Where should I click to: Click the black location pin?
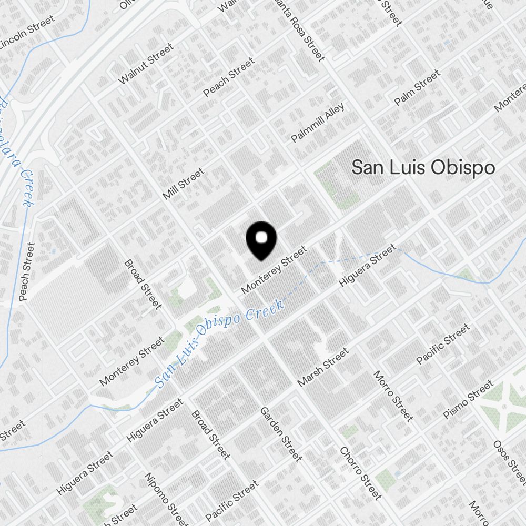(x=261, y=241)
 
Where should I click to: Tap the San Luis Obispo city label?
(x=423, y=168)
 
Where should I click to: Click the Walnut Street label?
(x=146, y=64)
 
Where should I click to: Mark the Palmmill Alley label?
(x=318, y=123)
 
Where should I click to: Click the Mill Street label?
(x=183, y=184)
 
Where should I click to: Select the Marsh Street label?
(x=322, y=367)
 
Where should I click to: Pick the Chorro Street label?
(x=360, y=473)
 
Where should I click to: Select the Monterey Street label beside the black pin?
(x=274, y=270)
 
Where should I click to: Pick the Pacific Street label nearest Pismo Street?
(x=442, y=345)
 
